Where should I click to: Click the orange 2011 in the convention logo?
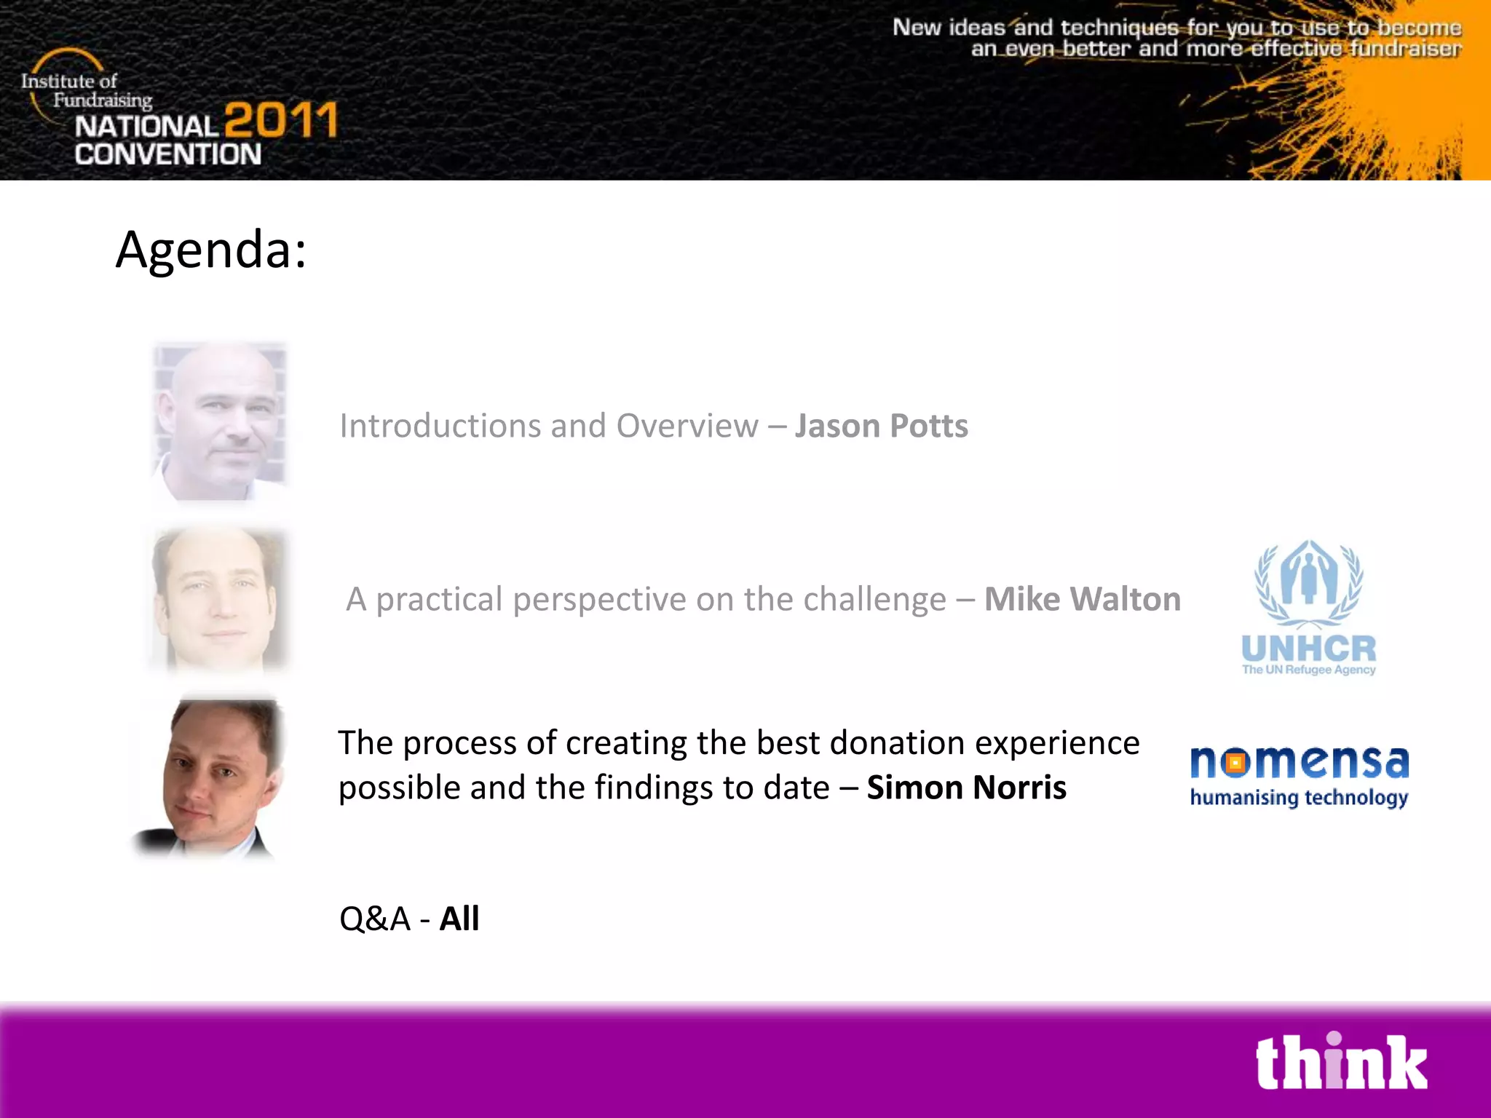pos(281,120)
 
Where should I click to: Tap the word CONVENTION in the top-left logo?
pos(167,154)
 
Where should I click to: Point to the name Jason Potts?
pos(881,426)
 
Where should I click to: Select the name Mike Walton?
pos(1082,599)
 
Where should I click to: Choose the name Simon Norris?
pos(966,788)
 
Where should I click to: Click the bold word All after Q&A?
pos(459,919)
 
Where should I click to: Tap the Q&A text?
pos(375,919)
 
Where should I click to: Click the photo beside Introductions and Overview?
pos(220,421)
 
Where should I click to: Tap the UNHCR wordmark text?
pos(1308,648)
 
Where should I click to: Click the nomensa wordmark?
pos(1299,762)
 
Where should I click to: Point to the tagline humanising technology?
pos(1299,798)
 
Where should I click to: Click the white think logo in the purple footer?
pos(1341,1063)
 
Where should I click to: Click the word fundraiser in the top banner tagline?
pos(1405,49)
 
